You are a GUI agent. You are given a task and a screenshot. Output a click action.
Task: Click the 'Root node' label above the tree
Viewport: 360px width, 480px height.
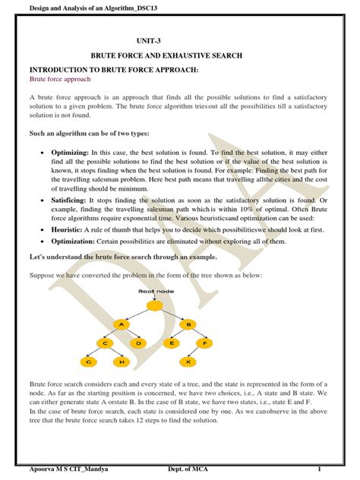[x=156, y=290]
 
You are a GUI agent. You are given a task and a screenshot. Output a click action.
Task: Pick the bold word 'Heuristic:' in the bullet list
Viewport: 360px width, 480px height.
[x=69, y=228]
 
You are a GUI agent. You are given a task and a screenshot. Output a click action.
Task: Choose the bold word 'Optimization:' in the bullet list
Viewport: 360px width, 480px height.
[x=75, y=241]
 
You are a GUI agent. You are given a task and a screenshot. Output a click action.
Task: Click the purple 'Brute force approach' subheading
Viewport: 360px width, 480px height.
[x=60, y=78]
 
